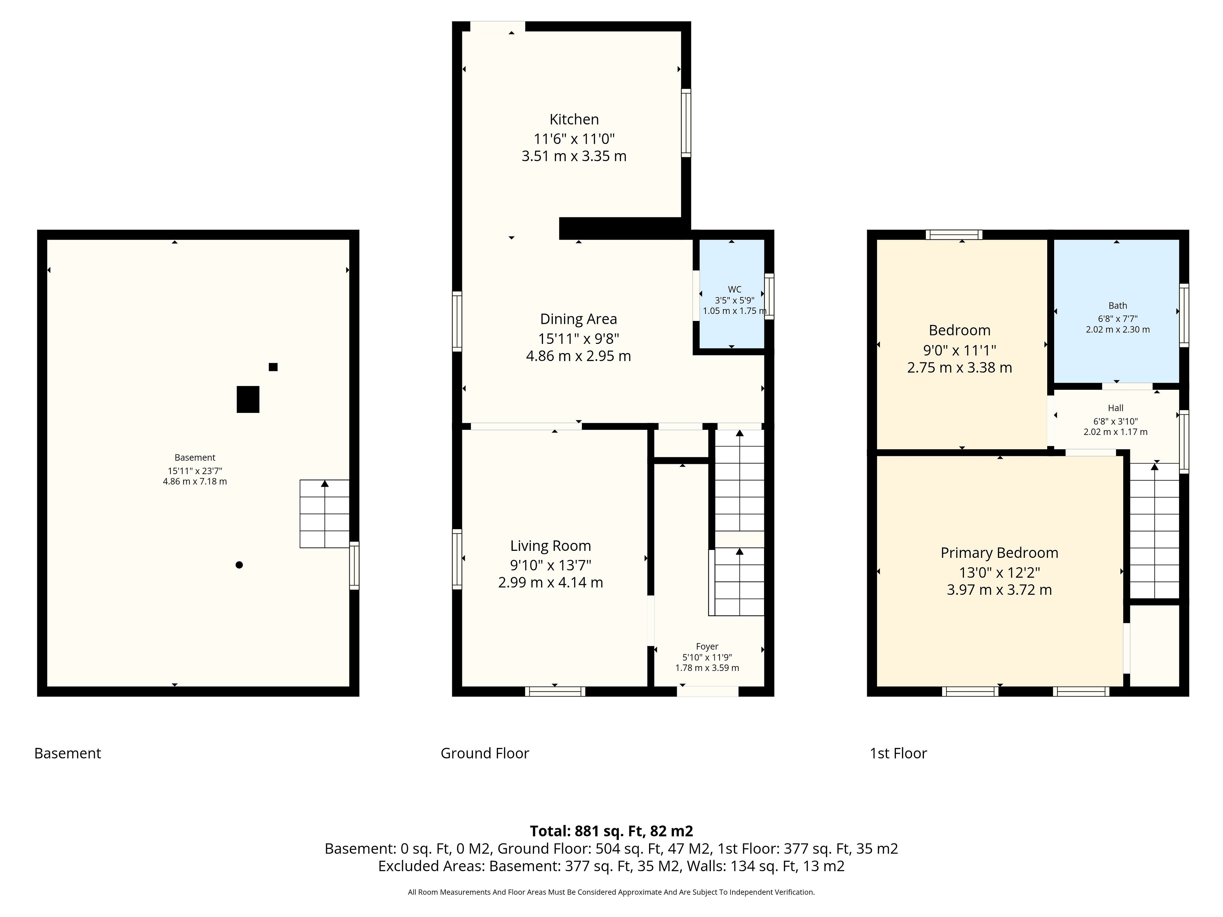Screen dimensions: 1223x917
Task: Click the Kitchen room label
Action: coord(574,119)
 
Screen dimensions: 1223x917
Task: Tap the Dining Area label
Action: coord(578,319)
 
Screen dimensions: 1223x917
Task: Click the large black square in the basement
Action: coord(248,399)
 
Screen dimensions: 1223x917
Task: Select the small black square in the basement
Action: coord(273,367)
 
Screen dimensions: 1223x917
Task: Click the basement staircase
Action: coord(325,514)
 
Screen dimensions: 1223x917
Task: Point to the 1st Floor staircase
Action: coord(1155,531)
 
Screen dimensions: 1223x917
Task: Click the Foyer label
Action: coord(707,646)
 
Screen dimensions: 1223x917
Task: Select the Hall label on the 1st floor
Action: coord(1116,408)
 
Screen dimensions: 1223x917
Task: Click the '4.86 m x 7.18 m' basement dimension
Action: coord(195,481)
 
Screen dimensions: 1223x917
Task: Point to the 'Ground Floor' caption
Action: coord(485,753)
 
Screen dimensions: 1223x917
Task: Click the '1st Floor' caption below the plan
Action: coord(898,753)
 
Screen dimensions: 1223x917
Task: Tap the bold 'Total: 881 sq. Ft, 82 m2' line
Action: coord(611,831)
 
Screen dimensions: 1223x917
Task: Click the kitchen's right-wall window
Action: coord(686,123)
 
